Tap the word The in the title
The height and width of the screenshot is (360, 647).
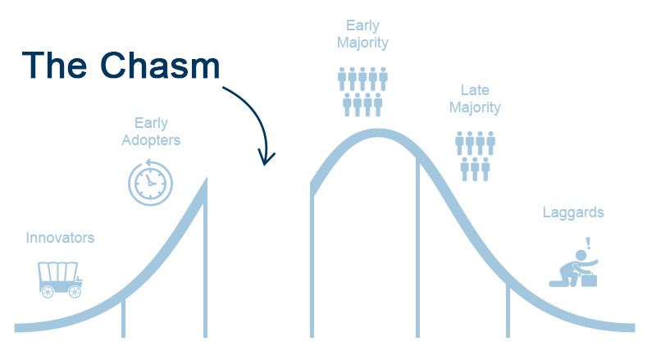57,64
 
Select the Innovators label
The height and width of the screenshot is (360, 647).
60,238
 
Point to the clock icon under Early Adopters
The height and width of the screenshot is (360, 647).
150,182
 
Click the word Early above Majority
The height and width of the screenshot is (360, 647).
362,25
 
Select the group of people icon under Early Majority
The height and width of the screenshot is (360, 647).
362,91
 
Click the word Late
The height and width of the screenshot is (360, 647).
475,89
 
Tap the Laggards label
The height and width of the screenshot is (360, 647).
573,213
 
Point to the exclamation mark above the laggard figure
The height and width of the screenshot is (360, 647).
587,243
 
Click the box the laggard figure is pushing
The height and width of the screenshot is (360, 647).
588,279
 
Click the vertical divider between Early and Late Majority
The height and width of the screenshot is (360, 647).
417,246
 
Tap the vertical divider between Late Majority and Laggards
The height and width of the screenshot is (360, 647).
508,312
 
